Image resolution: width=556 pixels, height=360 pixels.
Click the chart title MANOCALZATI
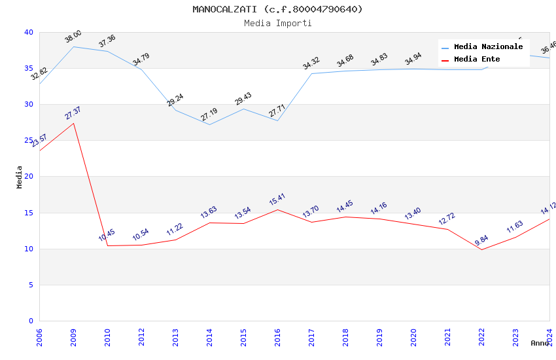[277, 9]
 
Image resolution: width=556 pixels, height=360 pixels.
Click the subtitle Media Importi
[277, 23]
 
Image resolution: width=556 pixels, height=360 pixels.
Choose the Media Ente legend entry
[477, 60]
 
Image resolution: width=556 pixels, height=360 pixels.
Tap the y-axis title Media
[20, 177]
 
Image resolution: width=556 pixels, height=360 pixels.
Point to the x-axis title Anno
[540, 343]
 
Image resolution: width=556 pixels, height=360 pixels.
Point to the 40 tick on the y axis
[28, 32]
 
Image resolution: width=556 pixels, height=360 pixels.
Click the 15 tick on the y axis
[28, 213]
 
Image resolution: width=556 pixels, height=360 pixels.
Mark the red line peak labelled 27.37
[73, 123]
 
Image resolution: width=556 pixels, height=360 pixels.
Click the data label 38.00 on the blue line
[73, 37]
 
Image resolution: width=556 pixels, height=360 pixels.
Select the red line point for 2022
[481, 249]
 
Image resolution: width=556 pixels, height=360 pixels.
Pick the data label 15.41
[277, 200]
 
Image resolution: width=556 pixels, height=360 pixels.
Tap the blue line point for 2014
[209, 124]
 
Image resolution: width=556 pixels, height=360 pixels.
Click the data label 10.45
[107, 236]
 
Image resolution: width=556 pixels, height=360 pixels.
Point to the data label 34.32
[311, 63]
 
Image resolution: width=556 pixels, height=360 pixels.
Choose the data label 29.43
[243, 99]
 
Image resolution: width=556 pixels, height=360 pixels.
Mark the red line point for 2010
[107, 245]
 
